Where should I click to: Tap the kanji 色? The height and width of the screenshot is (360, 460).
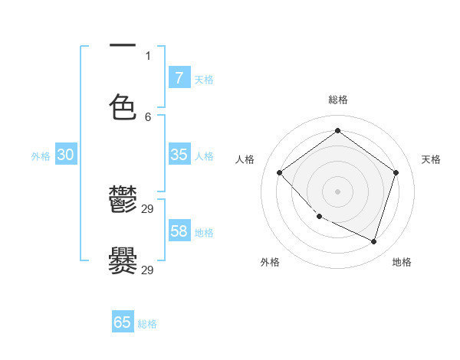(123, 107)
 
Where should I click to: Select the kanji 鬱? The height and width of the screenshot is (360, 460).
(123, 201)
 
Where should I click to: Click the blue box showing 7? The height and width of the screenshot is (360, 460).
(179, 77)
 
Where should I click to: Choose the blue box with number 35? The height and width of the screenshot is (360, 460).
(179, 155)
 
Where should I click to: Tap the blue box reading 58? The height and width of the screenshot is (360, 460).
(179, 231)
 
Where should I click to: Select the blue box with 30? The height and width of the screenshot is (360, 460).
(66, 155)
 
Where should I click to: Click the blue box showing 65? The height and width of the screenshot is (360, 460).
(123, 322)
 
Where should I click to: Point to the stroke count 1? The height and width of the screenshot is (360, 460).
(148, 55)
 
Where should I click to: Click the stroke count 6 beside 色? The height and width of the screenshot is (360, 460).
(148, 116)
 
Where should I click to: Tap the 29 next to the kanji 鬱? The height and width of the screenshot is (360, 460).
(148, 209)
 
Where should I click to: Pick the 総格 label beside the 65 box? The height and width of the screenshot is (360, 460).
(147, 324)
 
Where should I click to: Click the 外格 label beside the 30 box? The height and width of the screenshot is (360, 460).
(41, 156)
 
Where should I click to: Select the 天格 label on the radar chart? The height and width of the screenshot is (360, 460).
(432, 159)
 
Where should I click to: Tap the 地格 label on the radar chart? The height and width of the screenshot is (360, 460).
(402, 262)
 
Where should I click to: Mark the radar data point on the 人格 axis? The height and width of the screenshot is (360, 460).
(280, 172)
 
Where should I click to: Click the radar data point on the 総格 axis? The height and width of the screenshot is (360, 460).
(337, 130)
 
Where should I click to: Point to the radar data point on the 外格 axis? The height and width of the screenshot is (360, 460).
(320, 216)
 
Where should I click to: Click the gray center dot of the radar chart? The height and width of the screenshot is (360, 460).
(337, 191)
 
